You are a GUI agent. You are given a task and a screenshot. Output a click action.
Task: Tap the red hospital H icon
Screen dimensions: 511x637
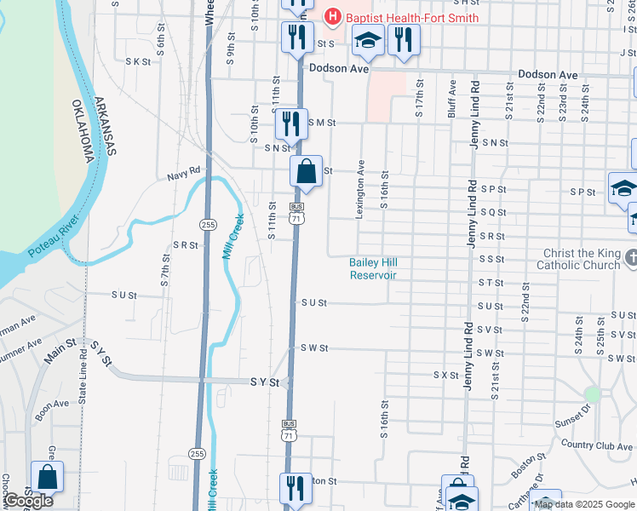[333, 16]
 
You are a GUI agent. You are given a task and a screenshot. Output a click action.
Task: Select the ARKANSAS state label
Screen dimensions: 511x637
[104, 127]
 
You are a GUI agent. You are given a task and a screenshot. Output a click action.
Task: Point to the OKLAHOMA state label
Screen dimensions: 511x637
[83, 133]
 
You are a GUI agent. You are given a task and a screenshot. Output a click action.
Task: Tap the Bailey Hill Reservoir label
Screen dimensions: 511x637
[373, 268]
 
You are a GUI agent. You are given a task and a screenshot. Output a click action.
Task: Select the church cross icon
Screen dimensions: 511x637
[631, 256]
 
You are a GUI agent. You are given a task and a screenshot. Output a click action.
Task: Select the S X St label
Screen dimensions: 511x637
[446, 375]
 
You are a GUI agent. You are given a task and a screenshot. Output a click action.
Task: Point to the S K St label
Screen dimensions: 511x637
[137, 61]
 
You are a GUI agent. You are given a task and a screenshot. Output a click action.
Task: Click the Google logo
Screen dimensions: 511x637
[29, 501]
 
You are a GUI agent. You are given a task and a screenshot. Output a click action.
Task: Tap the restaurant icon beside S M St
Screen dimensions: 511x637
[291, 123]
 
